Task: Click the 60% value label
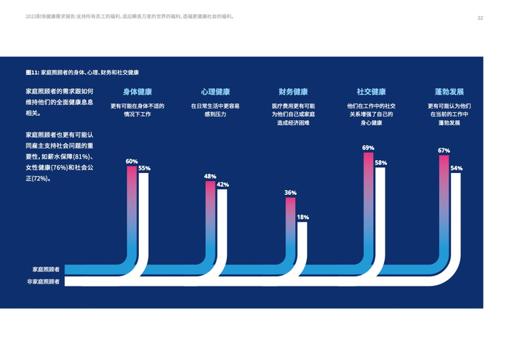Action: tap(132, 161)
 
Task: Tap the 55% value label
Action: tap(144, 169)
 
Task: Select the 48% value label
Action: tap(210, 177)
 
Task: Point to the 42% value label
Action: tap(223, 185)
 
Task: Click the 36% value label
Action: tap(290, 193)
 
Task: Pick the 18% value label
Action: tap(302, 217)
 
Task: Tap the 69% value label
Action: tap(368, 148)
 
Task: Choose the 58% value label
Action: tap(380, 163)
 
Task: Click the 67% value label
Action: tap(444, 151)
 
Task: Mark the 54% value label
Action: tap(456, 168)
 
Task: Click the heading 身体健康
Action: tap(137, 92)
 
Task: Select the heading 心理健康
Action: tap(215, 92)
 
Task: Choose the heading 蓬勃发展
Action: tap(449, 92)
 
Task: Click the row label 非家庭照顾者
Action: tap(44, 281)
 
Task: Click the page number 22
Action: tap(480, 17)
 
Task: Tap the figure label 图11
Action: tap(32, 73)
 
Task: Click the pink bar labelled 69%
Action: tap(368, 189)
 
